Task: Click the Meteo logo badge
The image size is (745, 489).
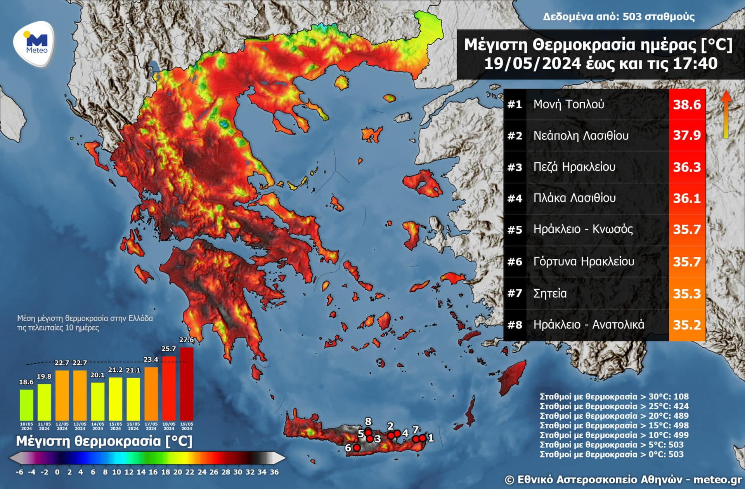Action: [34, 44]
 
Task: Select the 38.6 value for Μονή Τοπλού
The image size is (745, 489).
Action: [687, 104]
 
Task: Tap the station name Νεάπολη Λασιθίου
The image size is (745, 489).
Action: [580, 136]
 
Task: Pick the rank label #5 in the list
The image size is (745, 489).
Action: [515, 230]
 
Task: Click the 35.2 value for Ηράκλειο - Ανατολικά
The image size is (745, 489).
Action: [687, 325]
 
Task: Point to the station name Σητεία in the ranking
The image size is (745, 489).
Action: [550, 293]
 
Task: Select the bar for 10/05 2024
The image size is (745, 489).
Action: [26, 405]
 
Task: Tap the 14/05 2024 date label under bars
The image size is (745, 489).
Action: [97, 426]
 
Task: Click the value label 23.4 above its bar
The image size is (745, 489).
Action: [151, 360]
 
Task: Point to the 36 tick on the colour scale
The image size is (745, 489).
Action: [274, 472]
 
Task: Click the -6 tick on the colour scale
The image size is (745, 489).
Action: [19, 472]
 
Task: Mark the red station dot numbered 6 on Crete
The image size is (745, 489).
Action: [357, 447]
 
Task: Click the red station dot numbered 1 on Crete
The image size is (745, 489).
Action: [422, 438]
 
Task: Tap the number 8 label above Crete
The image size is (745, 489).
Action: [368, 421]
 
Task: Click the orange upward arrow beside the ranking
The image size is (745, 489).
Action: [726, 115]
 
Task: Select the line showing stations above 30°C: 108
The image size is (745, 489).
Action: [614, 397]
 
